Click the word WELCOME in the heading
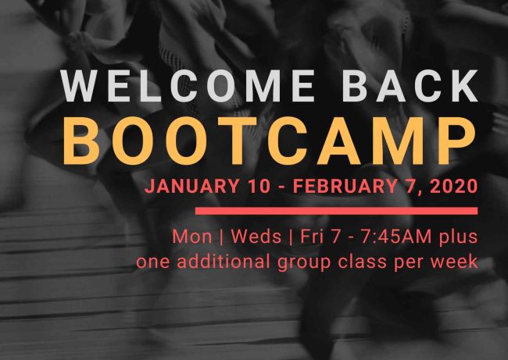click(x=188, y=86)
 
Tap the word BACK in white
click(x=410, y=86)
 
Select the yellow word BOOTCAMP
click(x=270, y=141)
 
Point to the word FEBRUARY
click(x=345, y=186)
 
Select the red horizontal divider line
click(x=336, y=211)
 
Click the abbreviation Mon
click(x=191, y=237)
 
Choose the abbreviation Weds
click(x=256, y=237)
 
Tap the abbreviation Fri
click(x=312, y=237)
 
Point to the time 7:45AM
click(x=396, y=237)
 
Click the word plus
click(x=459, y=238)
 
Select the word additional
click(x=224, y=262)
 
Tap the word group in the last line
click(x=304, y=263)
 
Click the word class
click(x=362, y=262)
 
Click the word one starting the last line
click(x=152, y=262)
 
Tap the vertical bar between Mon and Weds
click(x=221, y=237)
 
